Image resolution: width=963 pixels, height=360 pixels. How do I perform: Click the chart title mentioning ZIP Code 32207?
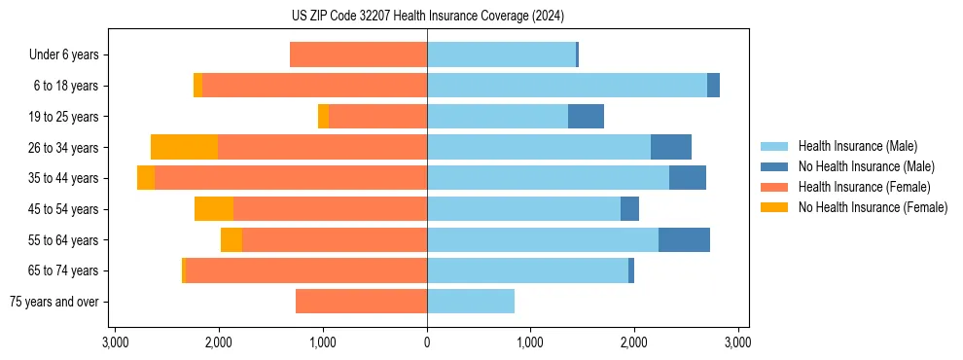427,17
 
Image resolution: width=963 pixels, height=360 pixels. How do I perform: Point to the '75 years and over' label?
53,302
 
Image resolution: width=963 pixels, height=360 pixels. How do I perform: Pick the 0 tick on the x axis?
427,342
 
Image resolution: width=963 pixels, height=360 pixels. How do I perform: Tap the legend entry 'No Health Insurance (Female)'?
873,207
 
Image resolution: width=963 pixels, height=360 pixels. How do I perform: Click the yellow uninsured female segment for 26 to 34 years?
184,147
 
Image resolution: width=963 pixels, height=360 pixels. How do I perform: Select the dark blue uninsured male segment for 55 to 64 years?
684,239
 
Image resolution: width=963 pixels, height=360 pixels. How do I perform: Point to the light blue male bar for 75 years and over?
471,302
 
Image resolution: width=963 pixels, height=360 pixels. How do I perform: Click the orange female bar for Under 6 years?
358,55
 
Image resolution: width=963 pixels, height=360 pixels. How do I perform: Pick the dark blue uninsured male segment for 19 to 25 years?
586,117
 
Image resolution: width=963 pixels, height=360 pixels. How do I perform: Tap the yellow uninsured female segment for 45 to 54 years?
214,209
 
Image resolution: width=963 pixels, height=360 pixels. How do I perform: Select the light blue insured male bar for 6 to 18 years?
567,86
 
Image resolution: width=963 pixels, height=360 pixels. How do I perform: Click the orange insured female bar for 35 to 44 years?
291,178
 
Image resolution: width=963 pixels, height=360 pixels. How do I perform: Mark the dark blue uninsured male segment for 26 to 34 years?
671,147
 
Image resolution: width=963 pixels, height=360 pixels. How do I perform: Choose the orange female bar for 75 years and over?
361,302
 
